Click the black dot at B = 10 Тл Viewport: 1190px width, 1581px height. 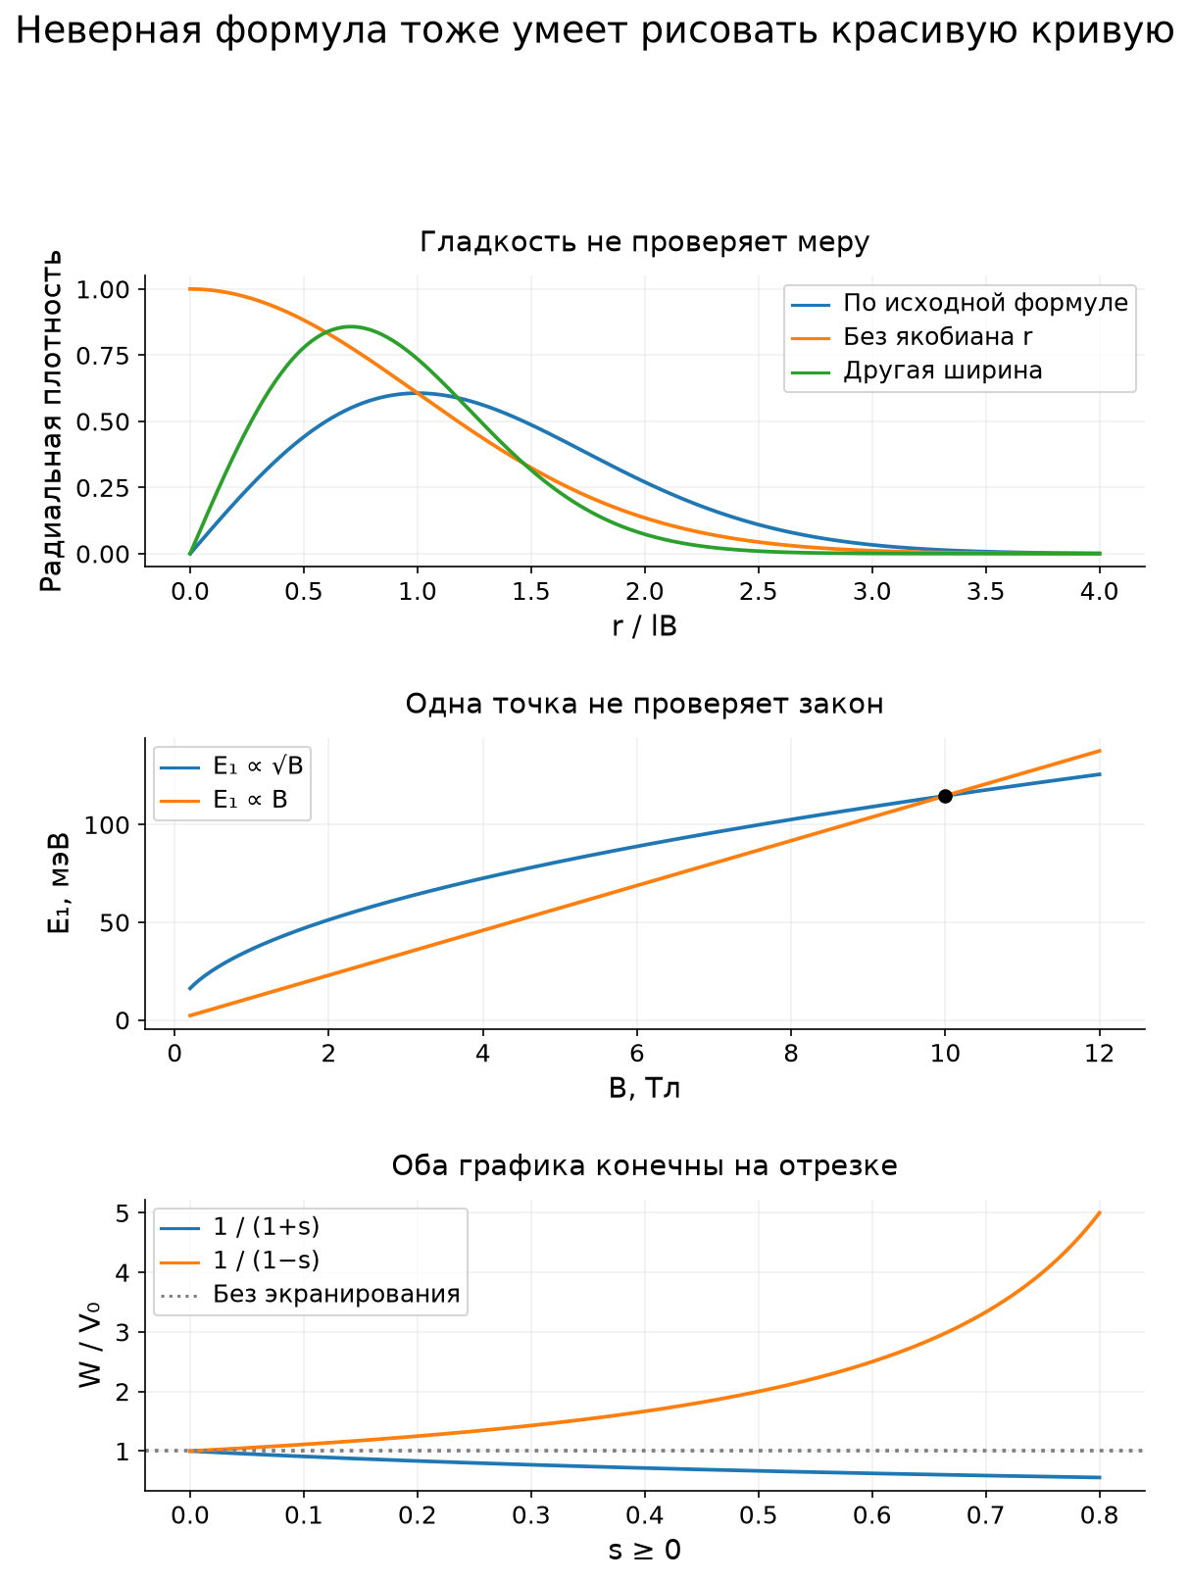(x=945, y=796)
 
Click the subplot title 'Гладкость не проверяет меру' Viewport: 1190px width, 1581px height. (x=644, y=242)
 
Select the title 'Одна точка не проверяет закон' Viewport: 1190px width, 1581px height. (x=644, y=704)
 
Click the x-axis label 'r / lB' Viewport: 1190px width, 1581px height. (x=644, y=625)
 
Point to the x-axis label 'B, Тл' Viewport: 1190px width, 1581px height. (x=644, y=1088)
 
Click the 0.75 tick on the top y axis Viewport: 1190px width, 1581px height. (x=102, y=355)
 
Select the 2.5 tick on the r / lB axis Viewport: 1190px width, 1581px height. (x=758, y=591)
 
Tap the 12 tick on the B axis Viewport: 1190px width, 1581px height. (x=1099, y=1054)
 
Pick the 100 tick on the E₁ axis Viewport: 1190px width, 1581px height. (x=107, y=825)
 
